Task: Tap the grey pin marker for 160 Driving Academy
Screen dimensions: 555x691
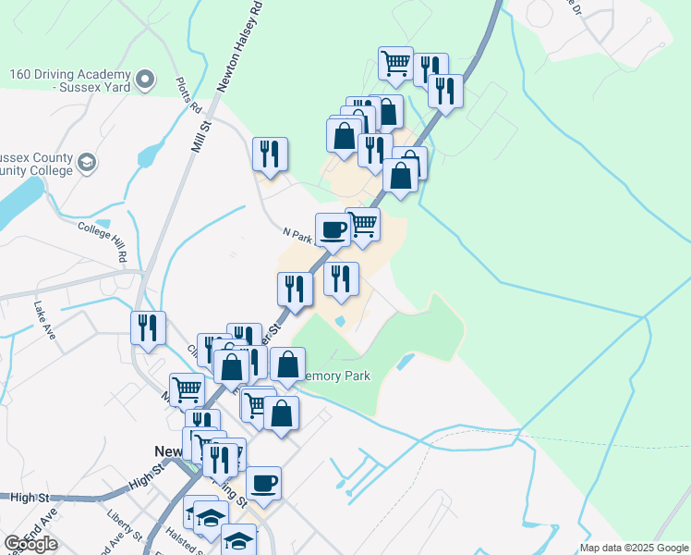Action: [x=144, y=80]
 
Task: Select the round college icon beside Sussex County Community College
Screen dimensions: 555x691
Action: [x=86, y=164]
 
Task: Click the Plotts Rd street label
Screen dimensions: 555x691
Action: [x=188, y=93]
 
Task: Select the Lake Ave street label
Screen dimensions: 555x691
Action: [x=45, y=319]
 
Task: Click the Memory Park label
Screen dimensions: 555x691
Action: [x=337, y=376]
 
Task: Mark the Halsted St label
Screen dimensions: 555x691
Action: [x=185, y=541]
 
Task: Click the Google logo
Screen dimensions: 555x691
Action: [x=30, y=544]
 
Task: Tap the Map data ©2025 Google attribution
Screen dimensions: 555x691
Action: [x=633, y=548]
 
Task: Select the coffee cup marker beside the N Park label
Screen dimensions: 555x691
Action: [x=333, y=229]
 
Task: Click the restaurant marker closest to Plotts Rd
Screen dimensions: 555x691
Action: [x=270, y=154]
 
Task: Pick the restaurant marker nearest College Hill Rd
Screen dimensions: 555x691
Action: [x=148, y=327]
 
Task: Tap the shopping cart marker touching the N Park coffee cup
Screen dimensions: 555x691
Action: [x=363, y=224]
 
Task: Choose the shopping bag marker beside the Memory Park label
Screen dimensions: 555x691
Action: [x=288, y=365]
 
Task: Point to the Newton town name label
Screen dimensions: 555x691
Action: [x=167, y=452]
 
